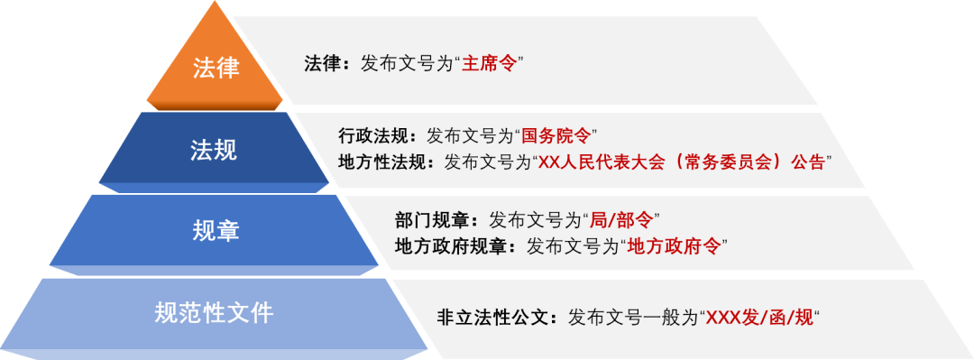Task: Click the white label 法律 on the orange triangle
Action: pos(216,67)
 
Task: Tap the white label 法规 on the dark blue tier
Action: pos(214,149)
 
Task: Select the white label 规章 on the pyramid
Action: pos(216,231)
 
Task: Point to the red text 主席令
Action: pos(488,64)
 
